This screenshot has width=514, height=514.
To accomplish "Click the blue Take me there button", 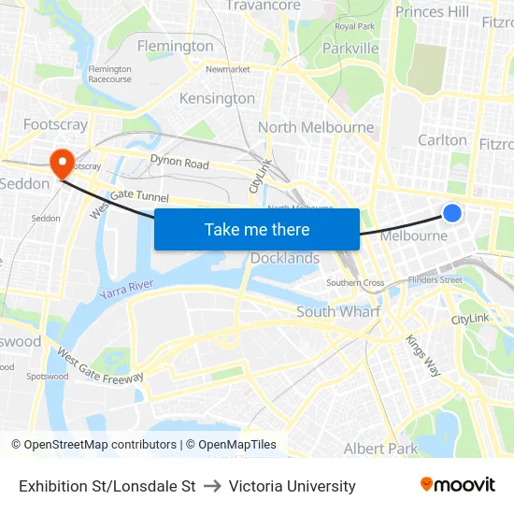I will click(x=257, y=229).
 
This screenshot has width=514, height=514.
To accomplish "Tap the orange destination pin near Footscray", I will click(x=63, y=164).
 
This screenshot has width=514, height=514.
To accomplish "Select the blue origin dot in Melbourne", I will click(x=451, y=213).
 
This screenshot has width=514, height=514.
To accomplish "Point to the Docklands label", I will click(x=285, y=258).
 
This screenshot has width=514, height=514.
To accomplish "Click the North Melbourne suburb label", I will click(x=316, y=127).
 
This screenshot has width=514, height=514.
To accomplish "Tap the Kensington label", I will click(x=217, y=98).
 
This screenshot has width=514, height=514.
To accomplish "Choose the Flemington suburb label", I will click(x=175, y=46).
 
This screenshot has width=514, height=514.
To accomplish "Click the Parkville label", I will click(x=350, y=48).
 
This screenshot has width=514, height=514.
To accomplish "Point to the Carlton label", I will click(x=442, y=139).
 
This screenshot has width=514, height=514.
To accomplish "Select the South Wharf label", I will click(x=338, y=311).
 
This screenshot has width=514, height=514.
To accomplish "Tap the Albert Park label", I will click(x=381, y=449).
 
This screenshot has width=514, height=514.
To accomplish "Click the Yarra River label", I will click(x=127, y=290).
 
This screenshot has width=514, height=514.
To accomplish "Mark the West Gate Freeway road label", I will click(x=100, y=365).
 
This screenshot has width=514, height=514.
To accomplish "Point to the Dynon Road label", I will click(x=179, y=163).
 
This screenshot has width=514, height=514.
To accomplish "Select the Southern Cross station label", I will click(x=355, y=282).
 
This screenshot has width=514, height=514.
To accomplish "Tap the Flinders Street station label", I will click(x=436, y=278).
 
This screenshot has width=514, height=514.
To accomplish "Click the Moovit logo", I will click(x=458, y=484).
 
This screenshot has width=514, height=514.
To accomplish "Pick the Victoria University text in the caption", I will click(x=292, y=486).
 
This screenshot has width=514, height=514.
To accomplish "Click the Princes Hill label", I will click(x=432, y=11).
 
